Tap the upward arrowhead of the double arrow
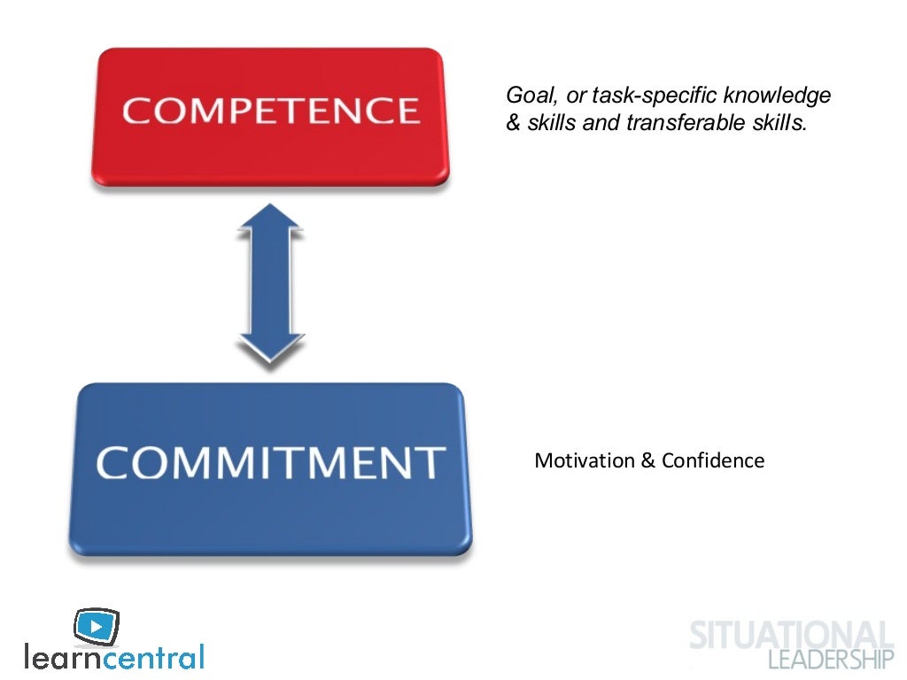[270, 220]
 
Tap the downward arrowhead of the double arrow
[270, 350]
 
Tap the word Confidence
[713, 460]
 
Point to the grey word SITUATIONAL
[791, 636]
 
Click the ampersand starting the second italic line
[513, 123]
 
